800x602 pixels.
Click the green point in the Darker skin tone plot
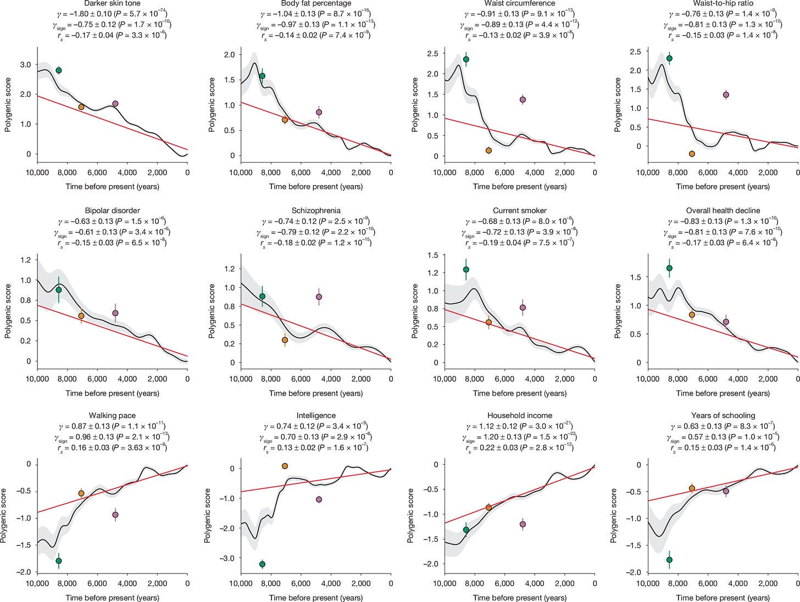click(x=59, y=70)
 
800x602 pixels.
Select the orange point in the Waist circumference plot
click(x=488, y=150)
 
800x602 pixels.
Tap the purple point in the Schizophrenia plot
click(x=319, y=297)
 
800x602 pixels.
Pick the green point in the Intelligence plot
click(x=262, y=564)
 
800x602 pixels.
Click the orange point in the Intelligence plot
click(x=285, y=466)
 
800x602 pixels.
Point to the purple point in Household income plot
click(x=523, y=524)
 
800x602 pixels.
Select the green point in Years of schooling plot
click(x=669, y=560)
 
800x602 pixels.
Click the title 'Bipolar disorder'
click(x=112, y=210)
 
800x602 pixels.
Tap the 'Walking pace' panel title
click(x=112, y=415)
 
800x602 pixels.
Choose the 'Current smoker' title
click(x=519, y=210)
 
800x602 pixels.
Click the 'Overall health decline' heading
click(x=723, y=210)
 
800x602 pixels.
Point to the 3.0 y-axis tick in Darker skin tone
click(x=25, y=65)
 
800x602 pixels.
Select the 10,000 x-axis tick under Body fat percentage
click(x=240, y=172)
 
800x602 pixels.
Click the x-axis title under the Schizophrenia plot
click(x=316, y=393)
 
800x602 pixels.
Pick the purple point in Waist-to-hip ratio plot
click(x=726, y=94)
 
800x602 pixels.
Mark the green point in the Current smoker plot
click(x=466, y=270)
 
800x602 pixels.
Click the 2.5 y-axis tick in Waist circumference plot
click(x=432, y=53)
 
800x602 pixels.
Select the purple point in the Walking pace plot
click(x=115, y=515)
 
